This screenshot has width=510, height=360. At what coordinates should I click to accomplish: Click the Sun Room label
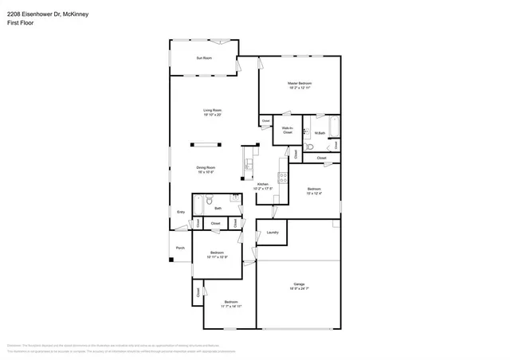pos(204,58)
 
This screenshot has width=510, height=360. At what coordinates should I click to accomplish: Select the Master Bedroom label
pos(300,84)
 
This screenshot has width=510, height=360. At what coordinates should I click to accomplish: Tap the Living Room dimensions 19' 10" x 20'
pos(211,115)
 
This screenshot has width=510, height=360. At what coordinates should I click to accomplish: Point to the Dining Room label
pos(206,167)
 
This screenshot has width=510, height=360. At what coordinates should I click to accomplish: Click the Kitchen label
pos(262,184)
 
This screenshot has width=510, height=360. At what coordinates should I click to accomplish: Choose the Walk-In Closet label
pos(287,130)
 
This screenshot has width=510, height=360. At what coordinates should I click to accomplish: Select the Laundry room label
pos(272,233)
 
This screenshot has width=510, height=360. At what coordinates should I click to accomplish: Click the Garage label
pos(299,284)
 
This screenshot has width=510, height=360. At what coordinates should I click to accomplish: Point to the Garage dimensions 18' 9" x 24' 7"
pos(299,289)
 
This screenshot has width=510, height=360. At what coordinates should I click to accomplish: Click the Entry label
pos(181,212)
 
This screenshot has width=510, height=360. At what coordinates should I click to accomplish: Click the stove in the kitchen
pos(282,178)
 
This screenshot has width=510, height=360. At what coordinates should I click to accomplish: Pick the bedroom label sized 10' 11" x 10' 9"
pos(218,253)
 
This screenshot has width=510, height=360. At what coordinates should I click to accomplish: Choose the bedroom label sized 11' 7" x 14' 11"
pos(231,302)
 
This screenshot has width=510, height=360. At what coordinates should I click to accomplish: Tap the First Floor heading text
pos(19,19)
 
